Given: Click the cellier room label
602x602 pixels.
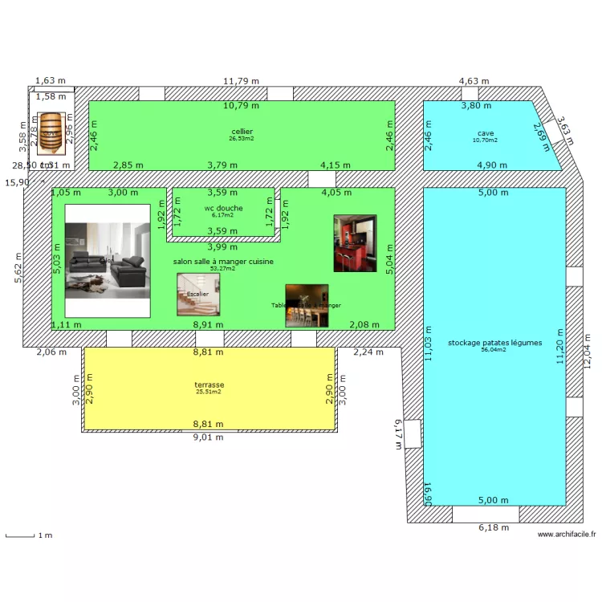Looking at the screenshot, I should [x=242, y=132].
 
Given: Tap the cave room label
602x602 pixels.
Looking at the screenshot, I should [x=485, y=133].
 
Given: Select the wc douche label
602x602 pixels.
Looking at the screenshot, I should [x=223, y=208].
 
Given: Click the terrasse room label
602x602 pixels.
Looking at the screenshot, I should [x=208, y=384].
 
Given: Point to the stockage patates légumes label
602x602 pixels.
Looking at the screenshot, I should [x=495, y=342].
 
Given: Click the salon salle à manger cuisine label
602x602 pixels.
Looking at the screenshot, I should [x=223, y=262].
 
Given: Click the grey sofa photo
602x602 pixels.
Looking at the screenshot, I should [x=108, y=259].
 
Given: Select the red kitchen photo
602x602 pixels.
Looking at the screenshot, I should [x=355, y=242].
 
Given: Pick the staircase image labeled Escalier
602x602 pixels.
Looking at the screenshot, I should [x=198, y=295].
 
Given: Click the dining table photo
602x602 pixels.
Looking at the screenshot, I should [x=307, y=306].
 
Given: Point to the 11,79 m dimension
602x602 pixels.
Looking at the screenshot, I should [x=241, y=81].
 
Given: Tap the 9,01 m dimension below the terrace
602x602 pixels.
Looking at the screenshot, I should [x=208, y=437].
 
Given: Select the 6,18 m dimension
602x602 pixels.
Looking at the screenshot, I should [x=494, y=527].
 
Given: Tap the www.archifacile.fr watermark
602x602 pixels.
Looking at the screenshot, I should [x=567, y=535].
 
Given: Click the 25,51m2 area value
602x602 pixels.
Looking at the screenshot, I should [x=208, y=392].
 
